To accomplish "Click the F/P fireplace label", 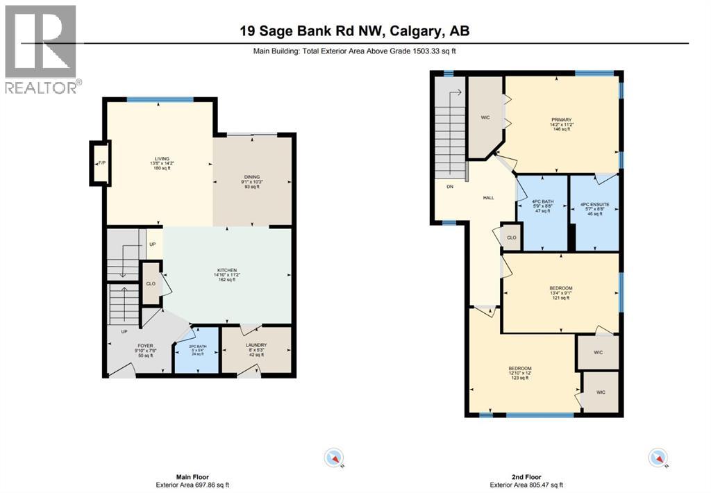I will pyautogui.click(x=101, y=164).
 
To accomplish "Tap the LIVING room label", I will pyautogui.click(x=162, y=159).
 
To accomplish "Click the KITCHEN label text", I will pyautogui.click(x=227, y=270).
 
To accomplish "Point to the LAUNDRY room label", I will pyautogui.click(x=256, y=345).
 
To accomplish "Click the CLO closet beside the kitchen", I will pyautogui.click(x=151, y=283).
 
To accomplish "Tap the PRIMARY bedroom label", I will pyautogui.click(x=562, y=120).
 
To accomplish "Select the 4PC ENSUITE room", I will pyautogui.click(x=594, y=205).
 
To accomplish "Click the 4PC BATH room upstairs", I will pyautogui.click(x=542, y=205).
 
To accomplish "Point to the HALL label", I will pyautogui.click(x=488, y=198).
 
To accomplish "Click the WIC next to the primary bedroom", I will pyautogui.click(x=485, y=117).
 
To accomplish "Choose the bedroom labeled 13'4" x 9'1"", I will pyautogui.click(x=560, y=288).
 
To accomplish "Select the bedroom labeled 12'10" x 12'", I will pyautogui.click(x=520, y=368).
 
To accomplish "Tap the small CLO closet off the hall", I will pyautogui.click(x=511, y=237).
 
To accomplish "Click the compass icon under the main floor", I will pyautogui.click(x=335, y=458).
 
